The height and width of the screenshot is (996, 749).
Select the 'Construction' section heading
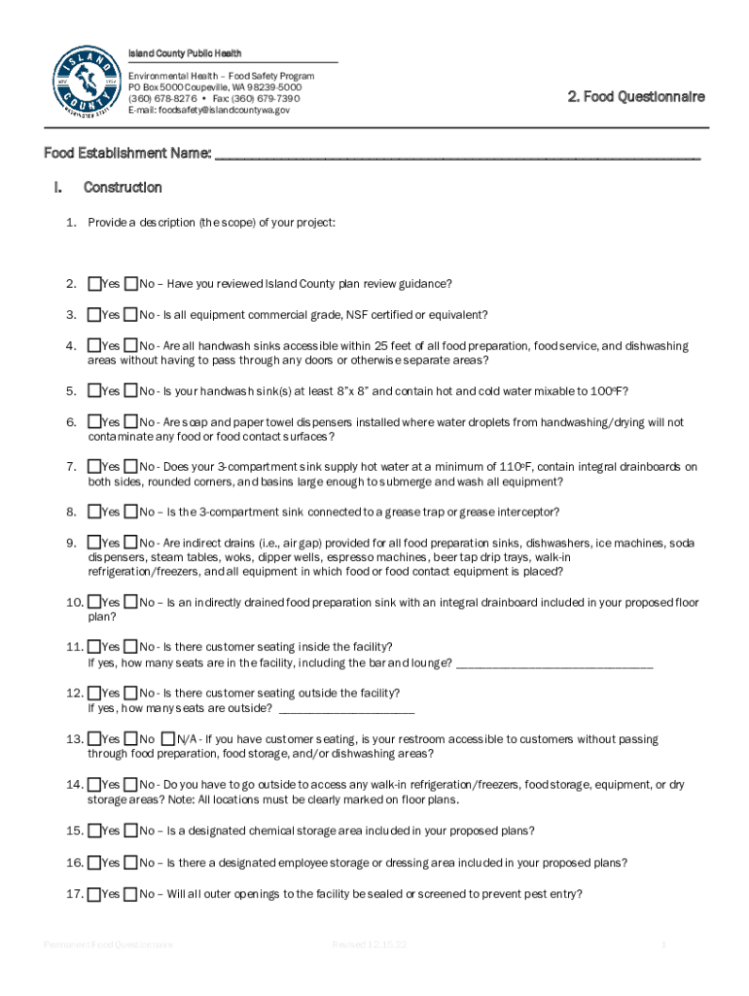click(x=123, y=187)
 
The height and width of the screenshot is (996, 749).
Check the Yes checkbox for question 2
click(x=94, y=284)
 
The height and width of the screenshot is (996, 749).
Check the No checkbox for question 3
click(x=131, y=315)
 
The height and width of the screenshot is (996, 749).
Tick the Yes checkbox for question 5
click(x=94, y=391)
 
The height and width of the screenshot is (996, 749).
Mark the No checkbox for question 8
click(x=131, y=512)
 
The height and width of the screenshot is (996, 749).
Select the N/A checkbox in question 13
click(x=168, y=739)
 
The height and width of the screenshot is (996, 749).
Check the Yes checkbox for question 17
click(x=94, y=894)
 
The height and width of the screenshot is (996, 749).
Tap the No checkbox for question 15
click(x=131, y=831)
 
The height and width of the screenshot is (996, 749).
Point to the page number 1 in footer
click(x=662, y=944)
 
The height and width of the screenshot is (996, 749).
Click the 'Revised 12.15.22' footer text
click(x=369, y=944)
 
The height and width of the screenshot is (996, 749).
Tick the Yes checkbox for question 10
click(x=94, y=602)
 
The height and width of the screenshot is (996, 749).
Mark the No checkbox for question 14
click(x=131, y=784)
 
